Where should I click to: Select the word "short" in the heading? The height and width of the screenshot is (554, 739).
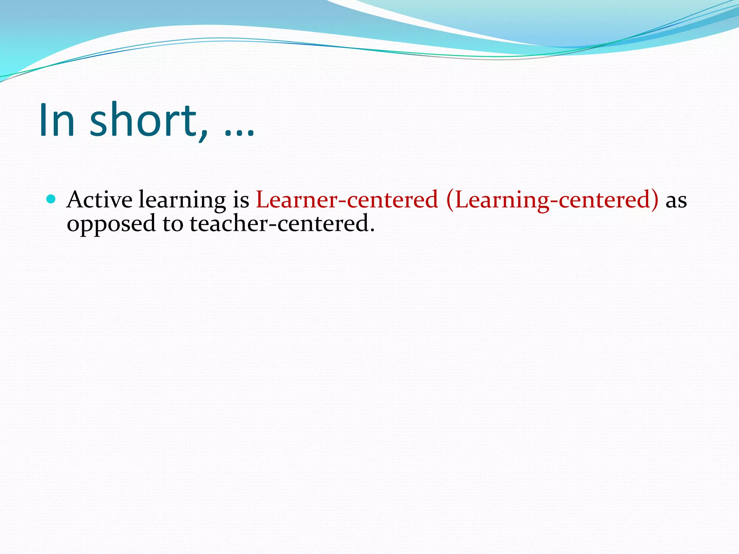click(143, 120)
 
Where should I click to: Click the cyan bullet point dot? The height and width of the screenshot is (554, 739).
click(51, 199)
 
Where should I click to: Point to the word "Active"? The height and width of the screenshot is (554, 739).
click(100, 199)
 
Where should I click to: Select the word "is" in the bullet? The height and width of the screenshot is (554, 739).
click(241, 199)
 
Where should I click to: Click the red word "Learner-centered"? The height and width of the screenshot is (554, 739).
click(347, 199)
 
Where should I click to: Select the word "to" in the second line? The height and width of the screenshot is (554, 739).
click(173, 224)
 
